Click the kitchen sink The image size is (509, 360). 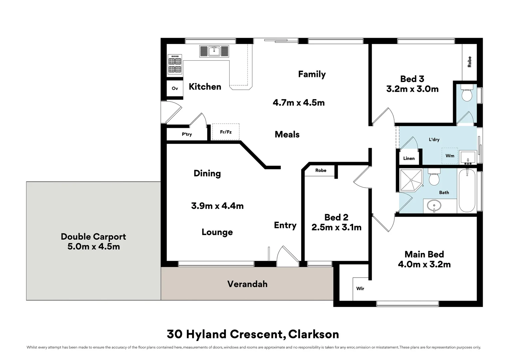[x=214, y=51]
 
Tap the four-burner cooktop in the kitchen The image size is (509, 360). [x=175, y=64]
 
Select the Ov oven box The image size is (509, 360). [x=175, y=88]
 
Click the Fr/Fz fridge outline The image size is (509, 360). [x=226, y=132]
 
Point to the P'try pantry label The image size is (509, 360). [x=187, y=134]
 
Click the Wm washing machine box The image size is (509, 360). [x=450, y=156]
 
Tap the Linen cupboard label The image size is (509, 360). [x=409, y=158]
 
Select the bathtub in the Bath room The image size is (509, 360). [x=467, y=191]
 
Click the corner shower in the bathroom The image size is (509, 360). [x=411, y=180]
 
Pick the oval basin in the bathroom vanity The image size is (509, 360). [x=434, y=206]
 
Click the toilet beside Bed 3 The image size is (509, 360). [x=467, y=93]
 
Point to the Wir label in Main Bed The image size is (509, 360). [x=360, y=288]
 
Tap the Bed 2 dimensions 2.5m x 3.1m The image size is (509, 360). [x=336, y=227]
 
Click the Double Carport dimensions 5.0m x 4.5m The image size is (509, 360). [x=94, y=247]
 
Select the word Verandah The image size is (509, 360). [x=248, y=284]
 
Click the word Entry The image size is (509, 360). [x=285, y=225]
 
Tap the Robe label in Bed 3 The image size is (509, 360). [x=469, y=62]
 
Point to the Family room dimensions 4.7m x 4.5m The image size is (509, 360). [x=298, y=103]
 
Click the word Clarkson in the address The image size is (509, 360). [x=313, y=334]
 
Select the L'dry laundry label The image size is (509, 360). [x=434, y=139]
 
